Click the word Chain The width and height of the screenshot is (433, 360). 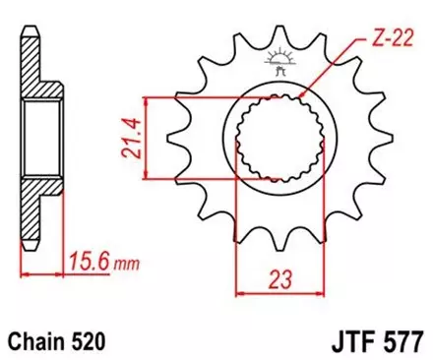[40, 340]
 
